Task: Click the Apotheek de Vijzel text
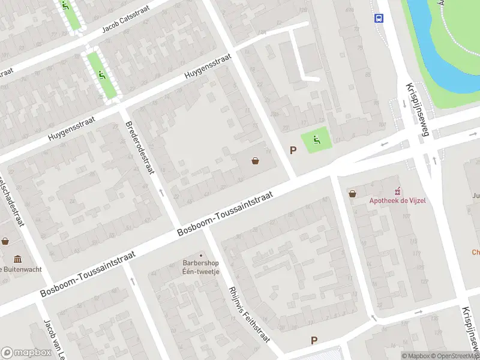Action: click(x=397, y=200)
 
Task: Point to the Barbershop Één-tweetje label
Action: click(x=201, y=267)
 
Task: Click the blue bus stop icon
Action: click(x=379, y=18)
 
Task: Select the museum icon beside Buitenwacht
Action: click(x=17, y=259)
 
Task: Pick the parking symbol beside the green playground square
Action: click(x=293, y=151)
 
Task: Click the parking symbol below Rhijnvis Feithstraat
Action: click(x=313, y=340)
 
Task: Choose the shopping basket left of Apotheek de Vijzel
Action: click(x=352, y=194)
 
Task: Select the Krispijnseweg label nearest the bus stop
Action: click(x=416, y=109)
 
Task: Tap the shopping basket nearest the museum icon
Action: click(x=5, y=241)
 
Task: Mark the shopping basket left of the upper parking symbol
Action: click(x=256, y=160)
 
